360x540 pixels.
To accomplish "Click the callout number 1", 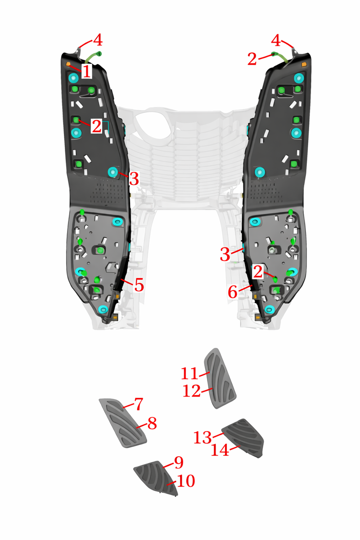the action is pos(86,71).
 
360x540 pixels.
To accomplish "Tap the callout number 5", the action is pos(139,285).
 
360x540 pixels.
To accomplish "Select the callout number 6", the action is pos(233,292).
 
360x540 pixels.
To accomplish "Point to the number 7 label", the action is pos(139,404).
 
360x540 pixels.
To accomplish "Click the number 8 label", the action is pos(152,423).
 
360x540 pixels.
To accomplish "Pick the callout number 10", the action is pos(186,481).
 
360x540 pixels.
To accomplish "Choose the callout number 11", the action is pos(189,373).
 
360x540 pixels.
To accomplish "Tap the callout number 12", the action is pos(192,391).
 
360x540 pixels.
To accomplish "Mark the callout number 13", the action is pos(202,437).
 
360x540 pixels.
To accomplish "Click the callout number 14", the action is pos(220,450).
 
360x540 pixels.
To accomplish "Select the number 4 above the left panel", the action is pos(98,40).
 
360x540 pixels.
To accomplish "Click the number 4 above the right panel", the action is pos(276,40).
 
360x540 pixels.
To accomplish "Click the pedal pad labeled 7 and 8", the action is pos(123,423).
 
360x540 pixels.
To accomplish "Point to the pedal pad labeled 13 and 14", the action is pos(244,437).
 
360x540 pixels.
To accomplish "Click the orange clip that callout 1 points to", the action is pos(68,64).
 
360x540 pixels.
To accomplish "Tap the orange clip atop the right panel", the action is pos(304,64).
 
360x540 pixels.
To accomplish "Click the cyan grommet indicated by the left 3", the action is pos(112,172).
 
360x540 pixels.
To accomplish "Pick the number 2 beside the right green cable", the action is pos(252,58).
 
